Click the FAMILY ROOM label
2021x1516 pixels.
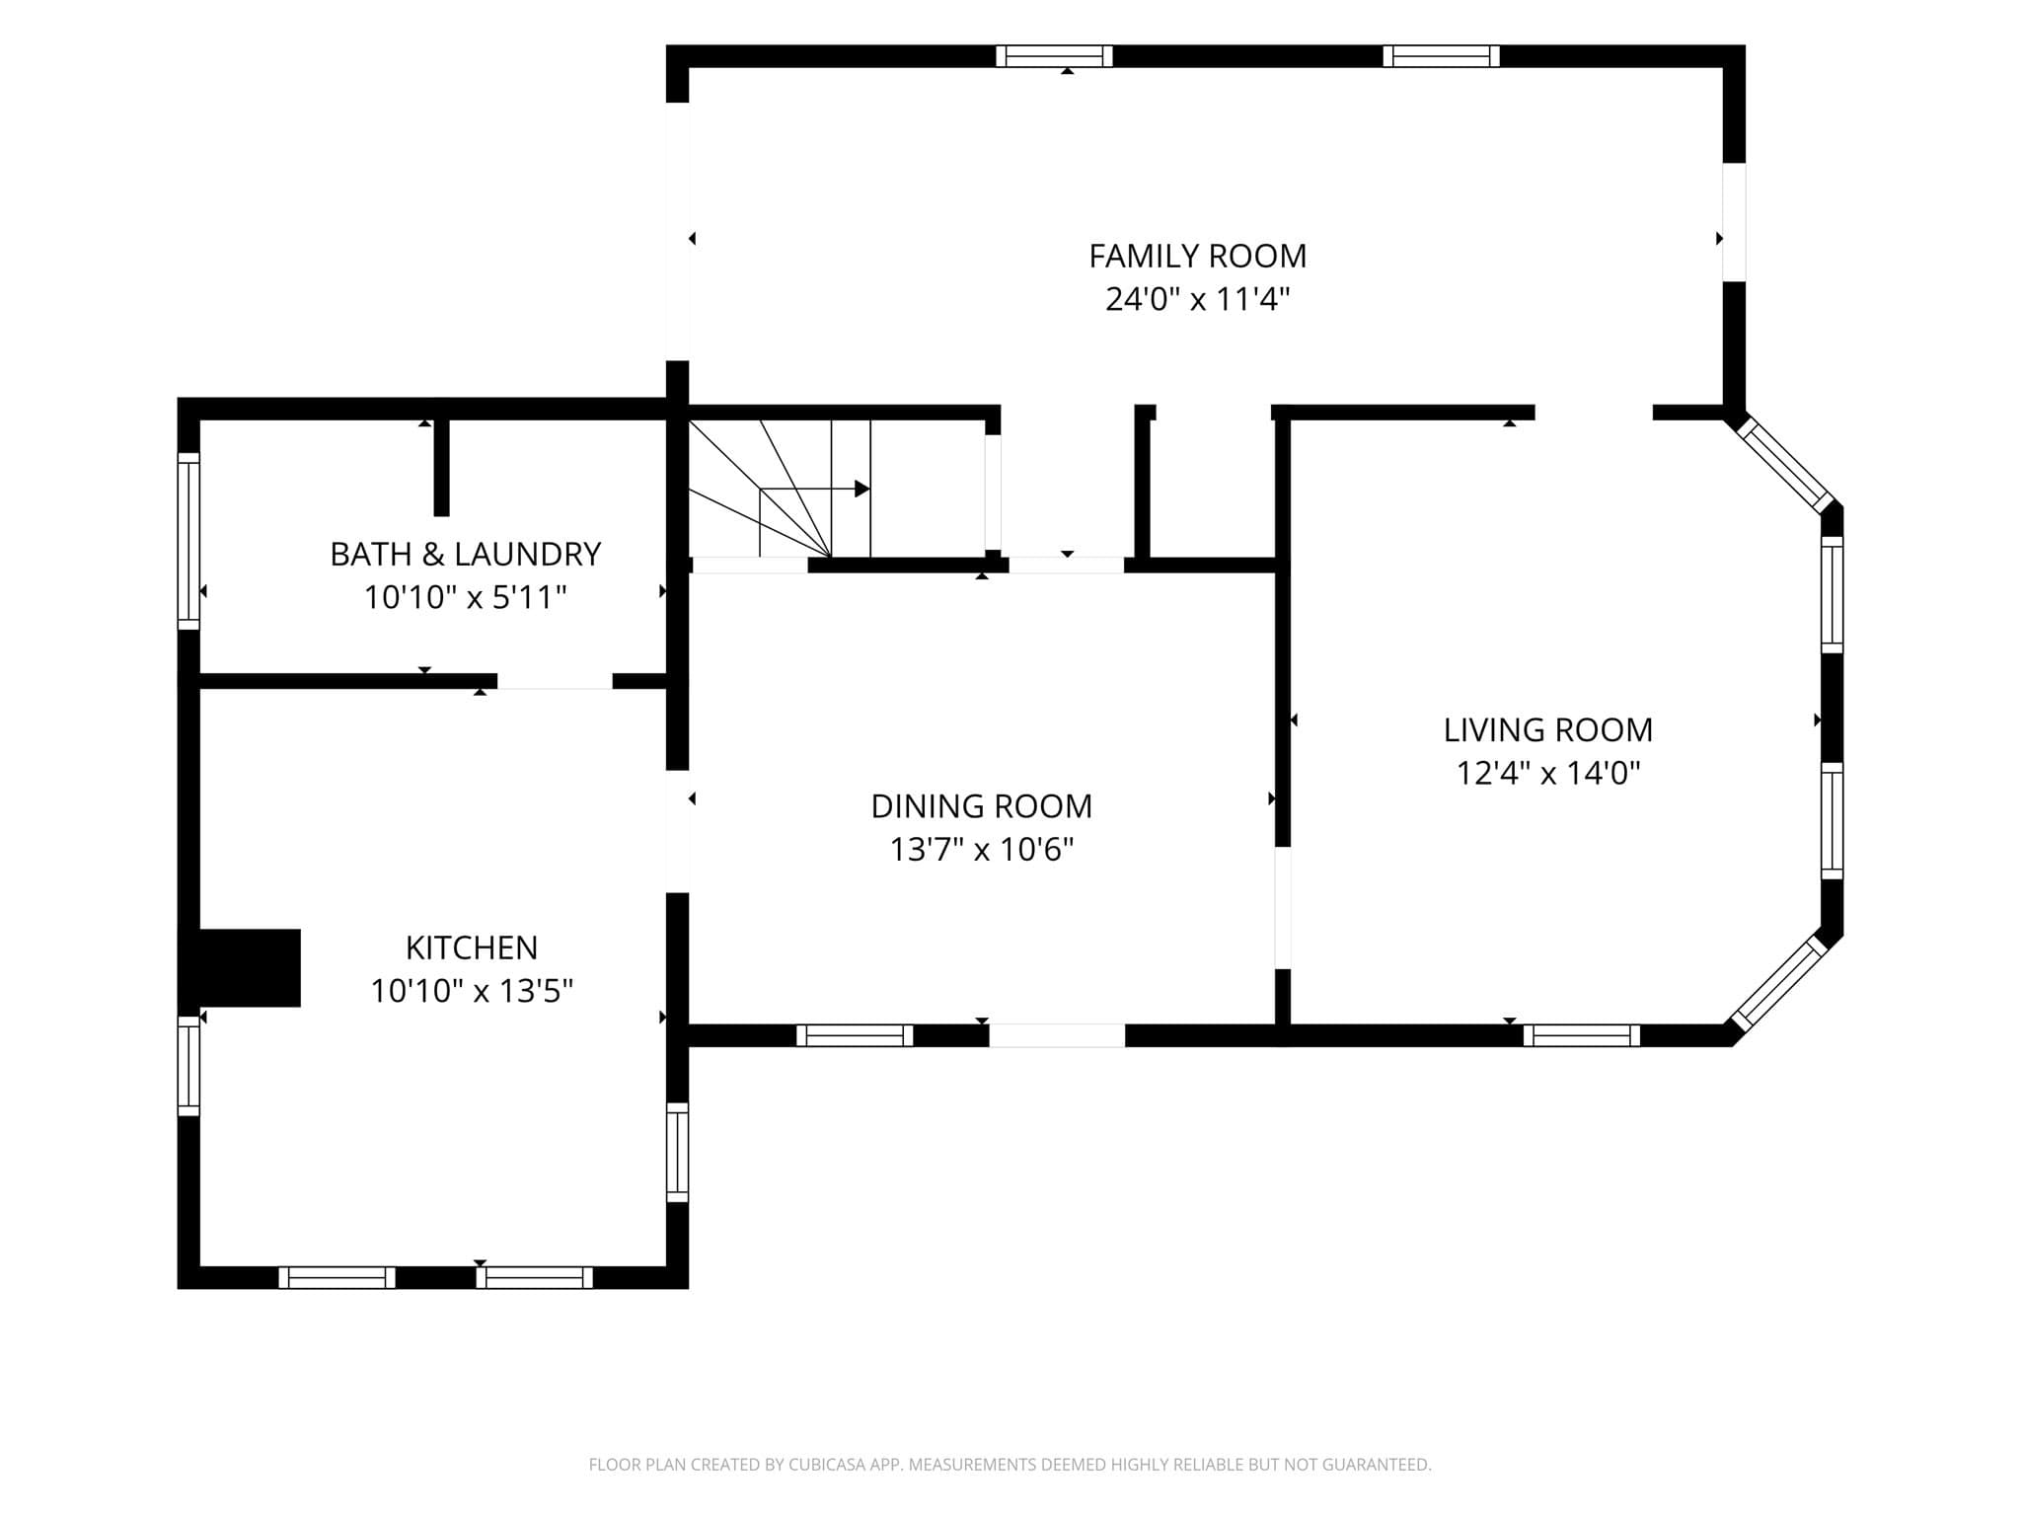pos(1197,256)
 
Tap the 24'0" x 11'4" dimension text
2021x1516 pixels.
pos(1197,298)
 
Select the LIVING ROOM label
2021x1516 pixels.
pos(1547,729)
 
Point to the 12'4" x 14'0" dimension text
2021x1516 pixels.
pos(1547,772)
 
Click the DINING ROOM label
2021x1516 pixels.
pos(981,806)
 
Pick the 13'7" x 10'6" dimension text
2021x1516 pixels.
pos(981,849)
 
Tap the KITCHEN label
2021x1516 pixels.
pos(472,947)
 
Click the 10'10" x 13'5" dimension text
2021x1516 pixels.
pos(472,990)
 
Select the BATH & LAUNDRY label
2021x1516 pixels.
pos(465,555)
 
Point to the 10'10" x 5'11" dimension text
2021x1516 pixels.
pos(465,597)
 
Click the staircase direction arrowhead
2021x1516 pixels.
pos(862,489)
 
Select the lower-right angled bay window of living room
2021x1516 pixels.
pos(1780,983)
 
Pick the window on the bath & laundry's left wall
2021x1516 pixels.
pos(188,541)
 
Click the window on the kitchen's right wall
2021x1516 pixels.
pos(677,1153)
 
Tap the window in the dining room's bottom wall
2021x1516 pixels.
pos(855,1035)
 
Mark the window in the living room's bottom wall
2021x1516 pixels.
pos(1582,1035)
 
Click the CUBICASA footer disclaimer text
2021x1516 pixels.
pos(1010,1465)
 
